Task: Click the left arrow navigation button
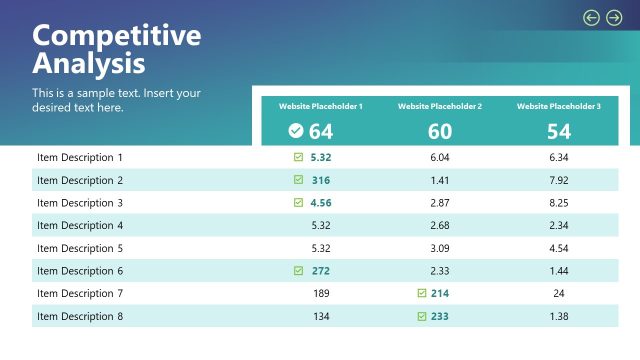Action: click(x=591, y=17)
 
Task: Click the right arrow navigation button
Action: click(x=614, y=17)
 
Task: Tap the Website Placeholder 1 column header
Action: click(x=320, y=106)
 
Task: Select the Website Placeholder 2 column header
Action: click(x=440, y=106)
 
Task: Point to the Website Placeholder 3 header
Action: click(x=559, y=106)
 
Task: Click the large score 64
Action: click(x=321, y=131)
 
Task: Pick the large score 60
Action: click(x=440, y=131)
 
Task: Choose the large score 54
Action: click(x=559, y=131)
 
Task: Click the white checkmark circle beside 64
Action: click(x=296, y=130)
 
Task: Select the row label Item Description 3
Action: click(x=80, y=203)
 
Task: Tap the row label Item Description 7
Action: click(x=80, y=294)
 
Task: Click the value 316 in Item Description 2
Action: click(x=321, y=180)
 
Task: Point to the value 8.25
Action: click(x=559, y=203)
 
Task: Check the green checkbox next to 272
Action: click(x=298, y=271)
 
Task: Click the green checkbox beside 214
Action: click(x=422, y=294)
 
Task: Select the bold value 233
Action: click(x=441, y=316)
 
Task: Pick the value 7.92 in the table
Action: click(x=559, y=180)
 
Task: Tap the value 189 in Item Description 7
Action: click(x=321, y=294)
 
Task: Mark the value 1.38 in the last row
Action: click(x=559, y=316)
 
